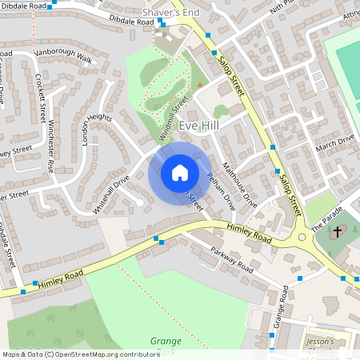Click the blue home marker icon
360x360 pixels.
pos(180,172)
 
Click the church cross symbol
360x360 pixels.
pos(338,232)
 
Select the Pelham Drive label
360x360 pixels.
pos(220,192)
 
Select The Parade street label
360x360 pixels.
pos(326,215)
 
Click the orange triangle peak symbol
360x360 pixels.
pos(200,86)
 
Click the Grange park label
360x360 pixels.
pos(166,340)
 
